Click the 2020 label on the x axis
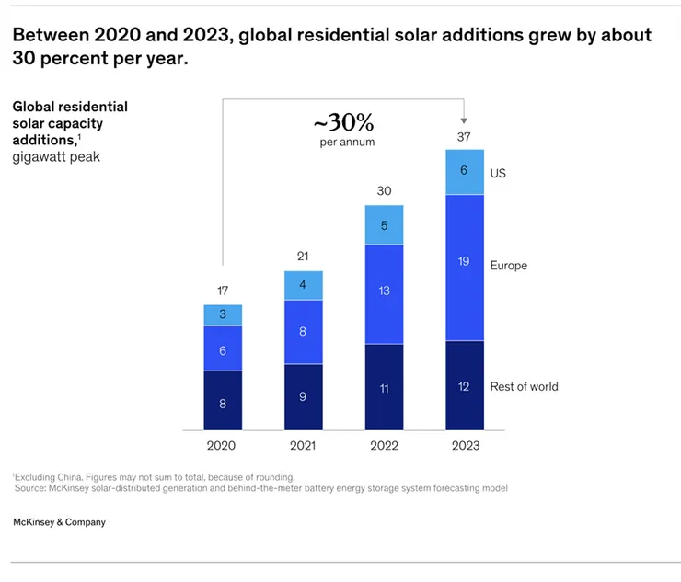223,445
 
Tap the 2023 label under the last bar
464,445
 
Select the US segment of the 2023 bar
464,172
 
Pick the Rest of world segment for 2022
384,387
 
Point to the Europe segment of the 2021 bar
304,332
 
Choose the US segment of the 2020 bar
223,315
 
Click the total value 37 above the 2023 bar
464,136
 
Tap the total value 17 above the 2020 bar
223,291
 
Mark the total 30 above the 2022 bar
384,191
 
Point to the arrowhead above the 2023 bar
464,120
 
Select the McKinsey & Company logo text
59,522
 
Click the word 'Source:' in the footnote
34,488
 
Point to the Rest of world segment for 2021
304,397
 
